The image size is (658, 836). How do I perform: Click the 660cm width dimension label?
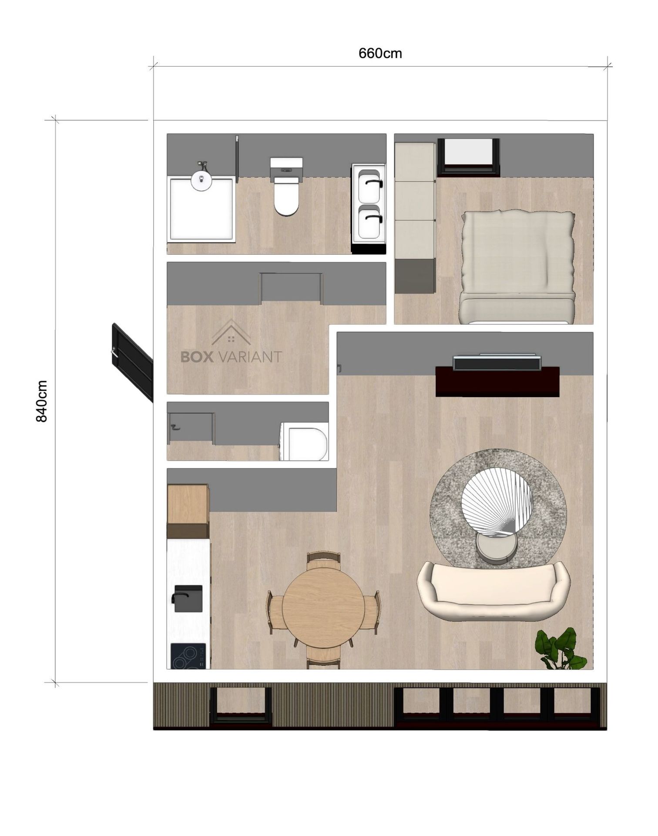(x=380, y=53)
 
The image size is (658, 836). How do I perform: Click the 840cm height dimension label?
(x=41, y=401)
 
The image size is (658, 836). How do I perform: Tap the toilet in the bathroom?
(x=286, y=187)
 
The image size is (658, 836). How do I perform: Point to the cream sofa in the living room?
(x=493, y=591)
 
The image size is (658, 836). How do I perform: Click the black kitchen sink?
(x=187, y=598)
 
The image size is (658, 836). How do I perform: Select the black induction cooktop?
(x=188, y=656)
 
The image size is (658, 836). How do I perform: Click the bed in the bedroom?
(x=517, y=266)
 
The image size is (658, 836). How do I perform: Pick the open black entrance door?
(x=132, y=362)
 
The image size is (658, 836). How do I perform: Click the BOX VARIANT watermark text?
(x=231, y=357)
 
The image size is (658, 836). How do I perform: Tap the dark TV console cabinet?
(x=497, y=381)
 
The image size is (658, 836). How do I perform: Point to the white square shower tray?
(x=201, y=209)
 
